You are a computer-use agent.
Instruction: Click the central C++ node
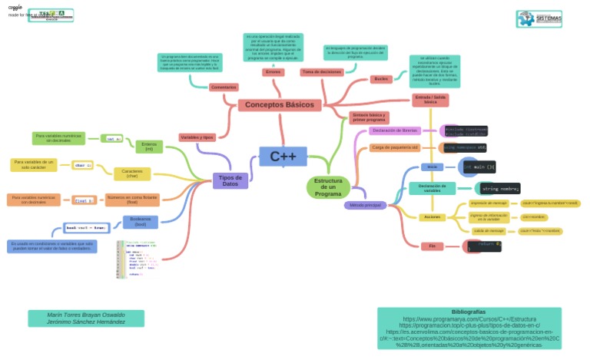tap(283, 157)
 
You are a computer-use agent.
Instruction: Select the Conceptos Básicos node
tap(280, 105)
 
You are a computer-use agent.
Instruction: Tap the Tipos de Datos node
tap(230, 180)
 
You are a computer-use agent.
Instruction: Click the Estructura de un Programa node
tap(328, 187)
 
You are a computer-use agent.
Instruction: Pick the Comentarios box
tap(223, 88)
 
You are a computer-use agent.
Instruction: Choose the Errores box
tap(273, 72)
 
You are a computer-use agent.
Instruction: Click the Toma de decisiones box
tap(322, 72)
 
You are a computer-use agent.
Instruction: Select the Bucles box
tap(381, 79)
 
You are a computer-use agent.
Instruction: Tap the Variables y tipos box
tap(197, 137)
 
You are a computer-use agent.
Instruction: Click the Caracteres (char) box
tap(131, 173)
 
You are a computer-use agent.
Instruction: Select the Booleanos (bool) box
tap(139, 223)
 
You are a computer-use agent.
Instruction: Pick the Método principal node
tap(365, 206)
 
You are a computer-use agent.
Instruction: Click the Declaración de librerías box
tap(395, 130)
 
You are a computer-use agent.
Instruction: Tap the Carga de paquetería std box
tap(394, 147)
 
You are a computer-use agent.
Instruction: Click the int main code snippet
tap(479, 167)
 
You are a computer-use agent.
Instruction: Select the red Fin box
tap(433, 246)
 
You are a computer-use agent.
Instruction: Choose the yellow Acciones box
tap(432, 217)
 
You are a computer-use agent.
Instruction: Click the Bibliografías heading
tap(468, 312)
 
